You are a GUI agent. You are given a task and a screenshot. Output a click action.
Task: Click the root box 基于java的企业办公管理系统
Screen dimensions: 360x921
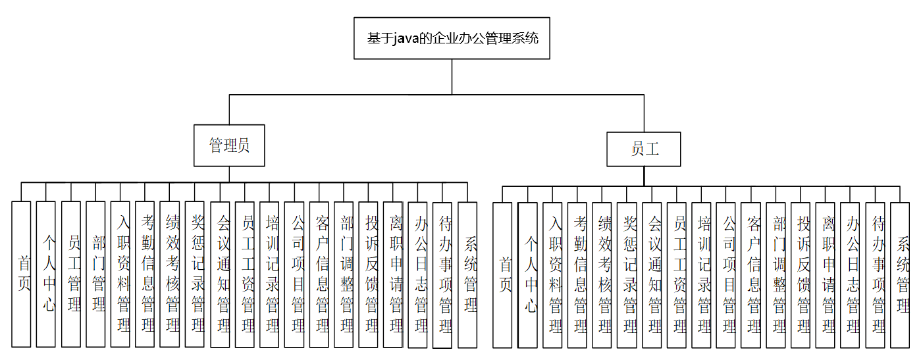[x=452, y=38]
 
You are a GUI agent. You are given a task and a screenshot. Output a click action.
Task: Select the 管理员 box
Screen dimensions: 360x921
[x=229, y=145]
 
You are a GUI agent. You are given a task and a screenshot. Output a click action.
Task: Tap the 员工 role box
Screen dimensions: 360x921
[x=644, y=149]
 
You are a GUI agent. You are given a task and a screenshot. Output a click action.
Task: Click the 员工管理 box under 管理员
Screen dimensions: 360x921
[x=71, y=274]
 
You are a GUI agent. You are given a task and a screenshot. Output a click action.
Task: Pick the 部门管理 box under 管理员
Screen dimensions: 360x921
[x=95, y=274]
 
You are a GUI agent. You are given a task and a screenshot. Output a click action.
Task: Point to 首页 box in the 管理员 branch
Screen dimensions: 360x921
[x=22, y=274]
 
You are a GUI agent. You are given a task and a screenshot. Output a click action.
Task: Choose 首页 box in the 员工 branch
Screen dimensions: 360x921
[x=502, y=274]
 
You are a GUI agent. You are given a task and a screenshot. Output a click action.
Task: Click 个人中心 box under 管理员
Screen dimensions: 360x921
[x=46, y=274]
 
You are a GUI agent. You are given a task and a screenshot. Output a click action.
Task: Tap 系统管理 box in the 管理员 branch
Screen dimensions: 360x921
[x=467, y=274]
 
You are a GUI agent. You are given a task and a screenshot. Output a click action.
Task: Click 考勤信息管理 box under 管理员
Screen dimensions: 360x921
[x=145, y=274]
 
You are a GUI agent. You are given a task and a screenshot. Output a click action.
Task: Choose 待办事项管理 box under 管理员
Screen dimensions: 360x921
[x=442, y=274]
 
